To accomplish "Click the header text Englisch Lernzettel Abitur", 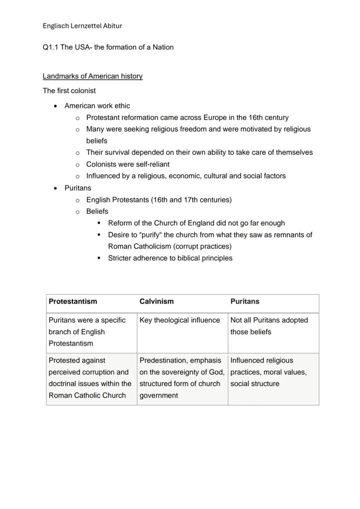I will [82, 26].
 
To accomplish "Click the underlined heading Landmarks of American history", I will [93, 76].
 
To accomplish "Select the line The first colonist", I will [69, 91].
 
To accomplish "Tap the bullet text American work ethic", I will [97, 106].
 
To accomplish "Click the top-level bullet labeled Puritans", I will [78, 188].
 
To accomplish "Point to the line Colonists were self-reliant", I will [128, 164].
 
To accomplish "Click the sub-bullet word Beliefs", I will [97, 211].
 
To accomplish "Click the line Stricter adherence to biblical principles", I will [170, 258].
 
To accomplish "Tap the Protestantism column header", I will [73, 301].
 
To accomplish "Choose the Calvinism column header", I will [157, 301].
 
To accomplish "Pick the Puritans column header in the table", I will [245, 301].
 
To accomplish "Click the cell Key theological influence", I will [180, 320].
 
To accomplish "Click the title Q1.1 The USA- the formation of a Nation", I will [108, 47].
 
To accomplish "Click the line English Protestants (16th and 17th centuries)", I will [159, 200].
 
